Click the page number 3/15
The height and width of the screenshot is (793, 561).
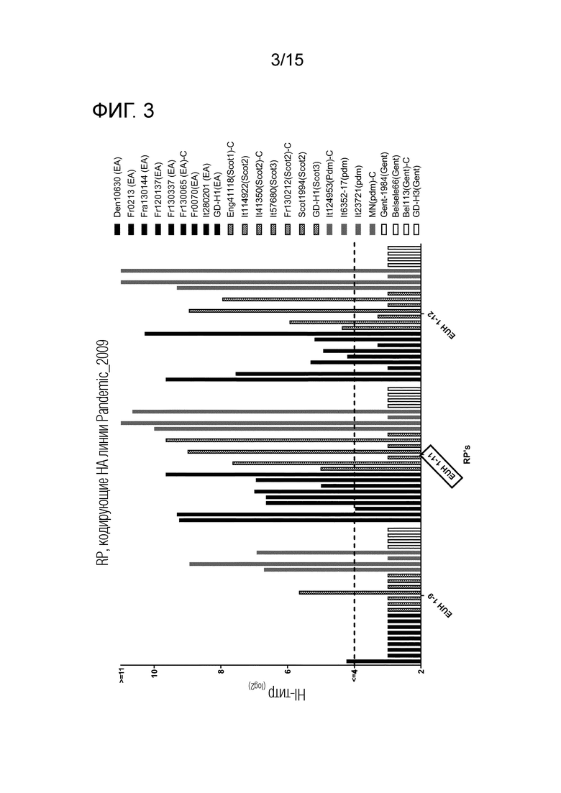coord(287,60)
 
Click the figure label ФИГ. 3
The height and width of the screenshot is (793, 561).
coord(123,110)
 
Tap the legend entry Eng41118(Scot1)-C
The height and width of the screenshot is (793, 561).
coord(230,180)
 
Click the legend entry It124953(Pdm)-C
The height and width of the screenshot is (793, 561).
coord(329,183)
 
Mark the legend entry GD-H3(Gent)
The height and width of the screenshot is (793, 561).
coord(416,191)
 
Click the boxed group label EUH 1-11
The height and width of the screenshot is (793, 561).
coord(442,467)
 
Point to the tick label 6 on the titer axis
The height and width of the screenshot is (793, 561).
coord(288,671)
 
